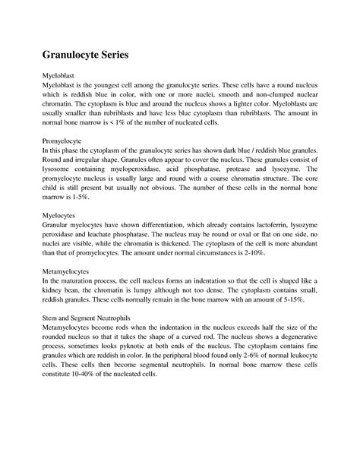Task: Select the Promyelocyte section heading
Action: click(68, 119)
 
